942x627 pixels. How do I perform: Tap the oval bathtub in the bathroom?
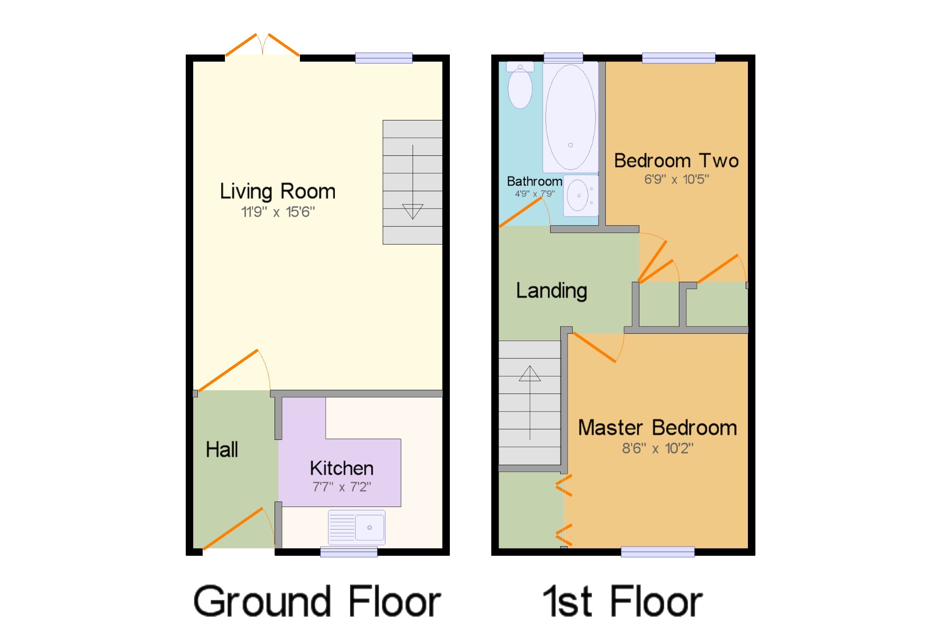[x=570, y=117]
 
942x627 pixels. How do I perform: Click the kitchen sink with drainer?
[x=357, y=527]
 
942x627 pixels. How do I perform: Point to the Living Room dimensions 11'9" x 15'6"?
[x=278, y=212]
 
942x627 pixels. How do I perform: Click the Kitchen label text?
[x=341, y=468]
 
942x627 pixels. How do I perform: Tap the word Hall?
[x=222, y=450]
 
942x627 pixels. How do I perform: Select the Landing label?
[x=551, y=291]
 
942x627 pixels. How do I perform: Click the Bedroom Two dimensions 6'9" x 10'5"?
[x=676, y=179]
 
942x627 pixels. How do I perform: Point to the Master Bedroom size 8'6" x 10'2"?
[x=657, y=448]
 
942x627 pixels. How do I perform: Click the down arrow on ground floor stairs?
[x=412, y=211]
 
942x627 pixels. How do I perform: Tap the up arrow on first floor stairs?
[x=529, y=374]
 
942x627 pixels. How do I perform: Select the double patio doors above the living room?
[x=262, y=46]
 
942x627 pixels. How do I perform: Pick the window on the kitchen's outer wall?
[x=349, y=552]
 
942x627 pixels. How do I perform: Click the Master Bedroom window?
[x=657, y=552]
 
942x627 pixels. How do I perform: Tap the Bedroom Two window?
[x=678, y=58]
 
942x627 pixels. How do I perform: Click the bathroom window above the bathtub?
[x=563, y=58]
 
